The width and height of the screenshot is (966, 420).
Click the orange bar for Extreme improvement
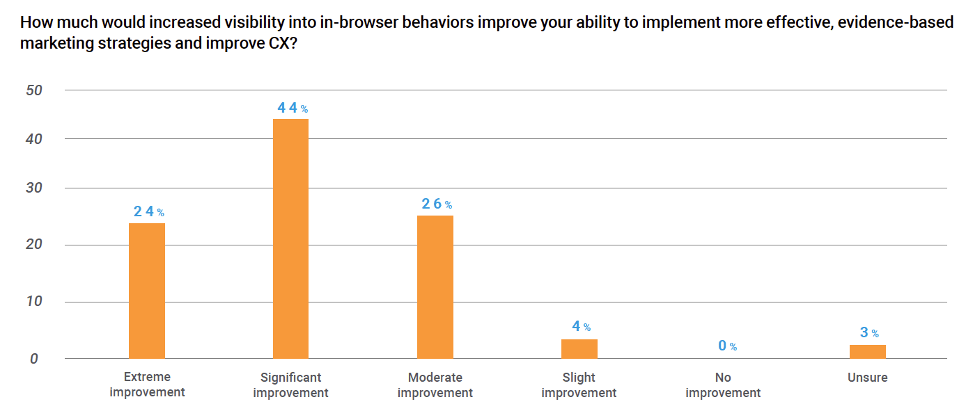coord(147,291)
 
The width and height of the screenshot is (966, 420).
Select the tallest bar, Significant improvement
coord(290,239)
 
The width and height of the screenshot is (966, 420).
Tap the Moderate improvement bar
coord(435,287)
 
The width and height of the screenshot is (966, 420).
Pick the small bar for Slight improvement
coord(579,349)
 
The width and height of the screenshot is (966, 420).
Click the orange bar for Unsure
coord(868,352)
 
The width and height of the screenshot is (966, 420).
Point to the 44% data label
coord(293,108)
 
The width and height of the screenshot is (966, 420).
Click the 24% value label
coord(149,211)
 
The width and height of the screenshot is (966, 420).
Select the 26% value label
coord(437,204)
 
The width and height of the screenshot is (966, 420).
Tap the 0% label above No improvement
coord(728,346)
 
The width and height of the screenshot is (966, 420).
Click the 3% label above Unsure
coord(869,332)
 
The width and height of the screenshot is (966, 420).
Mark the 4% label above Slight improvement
coord(582,326)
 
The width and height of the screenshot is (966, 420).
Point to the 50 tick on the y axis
coord(34,90)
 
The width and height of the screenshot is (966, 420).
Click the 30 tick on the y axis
coord(34,188)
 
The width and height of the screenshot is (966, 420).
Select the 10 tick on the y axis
coord(34,301)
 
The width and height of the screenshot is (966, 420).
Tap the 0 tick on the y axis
coord(34,359)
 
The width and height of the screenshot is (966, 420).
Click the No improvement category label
coord(723,385)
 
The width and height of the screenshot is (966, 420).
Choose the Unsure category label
coord(867,378)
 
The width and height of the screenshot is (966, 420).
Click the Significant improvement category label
coord(290,385)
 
